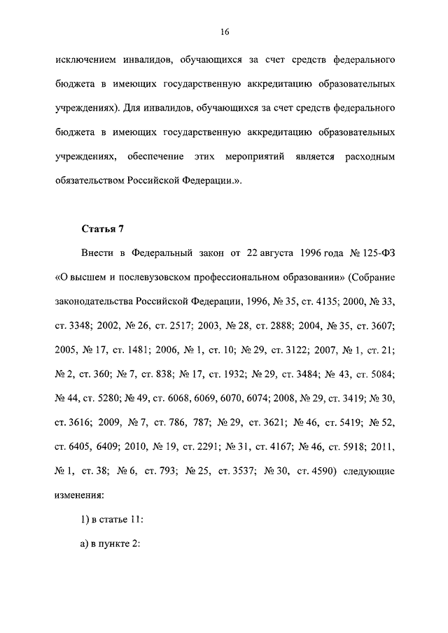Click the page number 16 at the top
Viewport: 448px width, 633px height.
tap(224, 32)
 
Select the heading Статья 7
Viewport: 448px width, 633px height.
tap(104, 228)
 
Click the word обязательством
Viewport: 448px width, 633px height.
tap(90, 180)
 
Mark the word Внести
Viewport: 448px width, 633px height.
tap(100, 252)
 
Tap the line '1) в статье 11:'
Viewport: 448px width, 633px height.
tap(111, 520)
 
